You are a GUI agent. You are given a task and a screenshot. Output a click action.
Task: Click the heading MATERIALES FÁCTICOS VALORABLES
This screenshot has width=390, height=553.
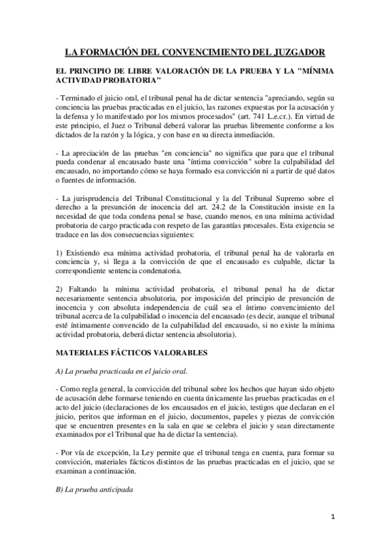pyautogui.click(x=132, y=353)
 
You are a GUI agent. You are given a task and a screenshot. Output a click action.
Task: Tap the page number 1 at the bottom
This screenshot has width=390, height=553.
pyautogui.click(x=333, y=519)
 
